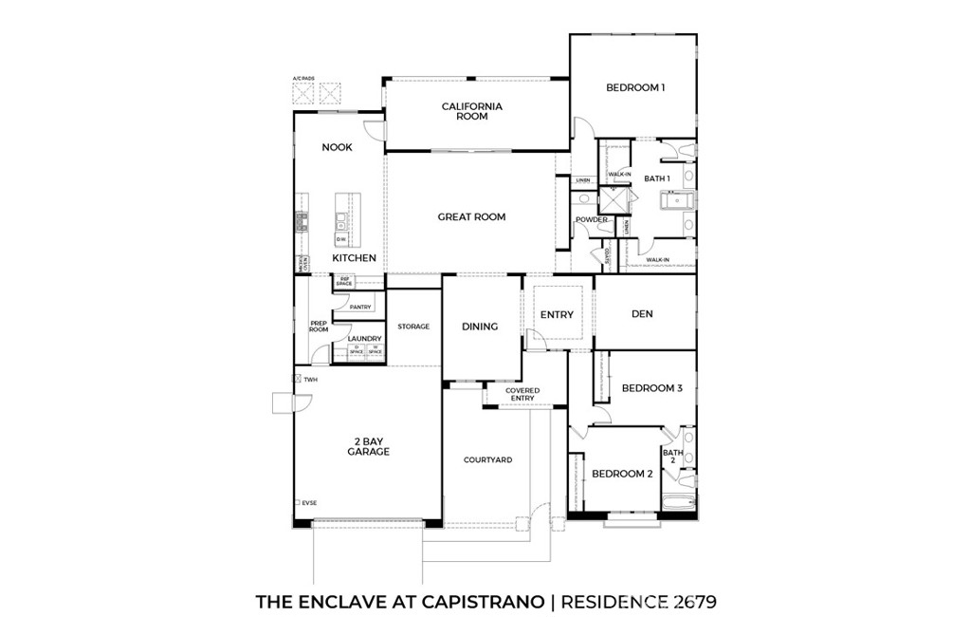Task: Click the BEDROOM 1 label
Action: pyautogui.click(x=634, y=87)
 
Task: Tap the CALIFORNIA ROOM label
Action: pyautogui.click(x=471, y=111)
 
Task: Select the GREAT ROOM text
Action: pyautogui.click(x=471, y=216)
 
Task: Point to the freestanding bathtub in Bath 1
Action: pyautogui.click(x=678, y=200)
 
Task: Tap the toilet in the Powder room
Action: pyautogui.click(x=585, y=199)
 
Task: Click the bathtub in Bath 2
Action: pyautogui.click(x=679, y=504)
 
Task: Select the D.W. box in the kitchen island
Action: pyautogui.click(x=340, y=238)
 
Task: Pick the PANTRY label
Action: pyautogui.click(x=360, y=307)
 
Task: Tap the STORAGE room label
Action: pyautogui.click(x=413, y=327)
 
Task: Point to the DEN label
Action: pyautogui.click(x=642, y=314)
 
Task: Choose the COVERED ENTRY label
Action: pyautogui.click(x=522, y=394)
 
